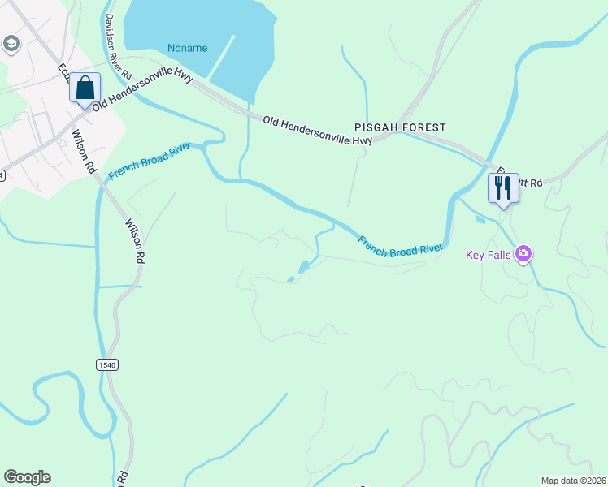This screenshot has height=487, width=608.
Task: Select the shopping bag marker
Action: click(85, 88)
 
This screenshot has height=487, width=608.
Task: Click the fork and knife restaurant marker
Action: click(502, 188)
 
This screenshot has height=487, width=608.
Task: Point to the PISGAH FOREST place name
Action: click(400, 127)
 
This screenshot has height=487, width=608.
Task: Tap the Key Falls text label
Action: click(488, 255)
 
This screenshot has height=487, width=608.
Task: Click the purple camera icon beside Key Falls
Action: click(523, 254)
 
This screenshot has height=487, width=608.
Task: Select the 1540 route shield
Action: click(107, 364)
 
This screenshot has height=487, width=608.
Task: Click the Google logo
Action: click(27, 477)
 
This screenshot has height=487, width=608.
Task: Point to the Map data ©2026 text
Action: click(574, 480)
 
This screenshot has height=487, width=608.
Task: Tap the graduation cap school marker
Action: click(11, 43)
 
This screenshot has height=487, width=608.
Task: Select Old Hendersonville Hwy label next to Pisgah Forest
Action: click(318, 131)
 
